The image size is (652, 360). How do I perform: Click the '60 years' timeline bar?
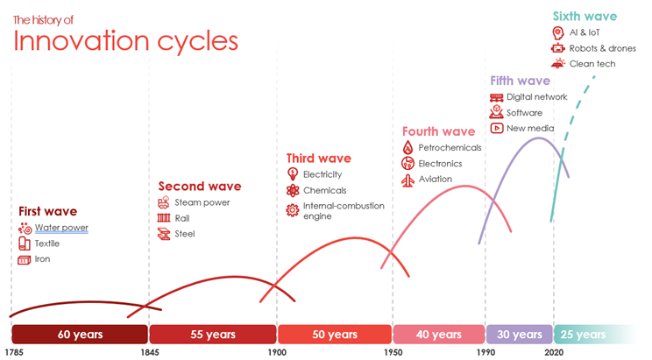point(80,335)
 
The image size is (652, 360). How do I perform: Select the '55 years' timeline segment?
point(213,335)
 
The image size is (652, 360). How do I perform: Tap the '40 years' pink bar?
point(438,335)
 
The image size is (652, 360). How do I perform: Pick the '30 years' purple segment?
point(519,335)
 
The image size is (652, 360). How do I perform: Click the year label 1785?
point(12,353)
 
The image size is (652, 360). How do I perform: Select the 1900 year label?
point(277,353)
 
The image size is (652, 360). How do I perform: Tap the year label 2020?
point(553,353)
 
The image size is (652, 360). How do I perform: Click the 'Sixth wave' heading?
point(585,16)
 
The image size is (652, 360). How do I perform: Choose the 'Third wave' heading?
point(319,159)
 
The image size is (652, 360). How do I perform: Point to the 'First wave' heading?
point(48,211)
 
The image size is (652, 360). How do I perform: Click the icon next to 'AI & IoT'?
point(557,32)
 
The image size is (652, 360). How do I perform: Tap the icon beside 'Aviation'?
point(407,180)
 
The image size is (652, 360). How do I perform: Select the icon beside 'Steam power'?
point(163,202)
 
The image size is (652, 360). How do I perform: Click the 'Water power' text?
point(61,228)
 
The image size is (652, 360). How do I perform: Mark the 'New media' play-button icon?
point(496,128)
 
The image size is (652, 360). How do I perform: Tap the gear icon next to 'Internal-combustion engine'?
point(293,209)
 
